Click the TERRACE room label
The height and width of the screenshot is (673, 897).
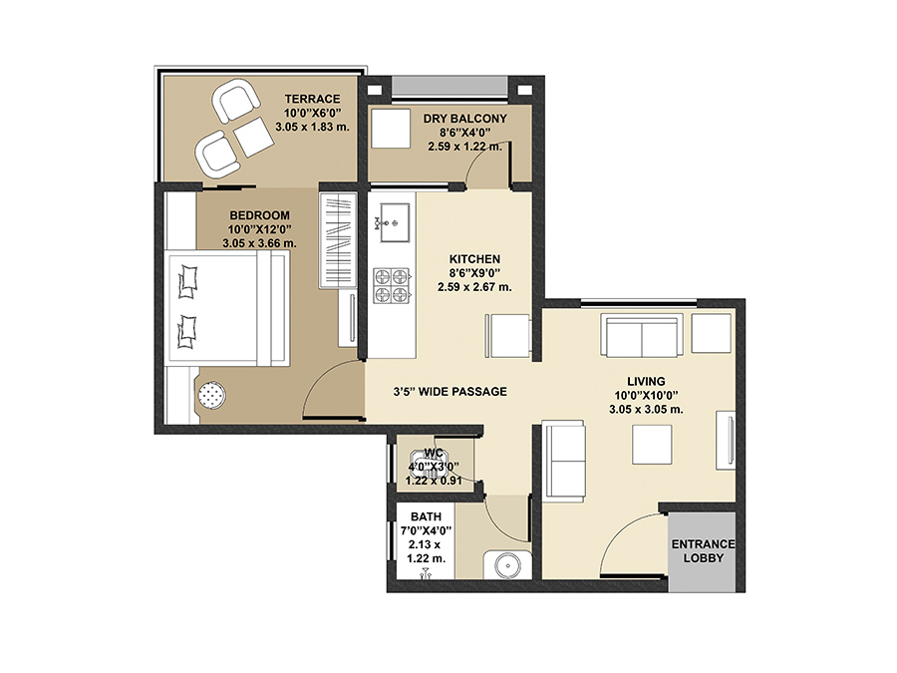pyautogui.click(x=312, y=99)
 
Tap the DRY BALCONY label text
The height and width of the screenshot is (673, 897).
pyautogui.click(x=464, y=119)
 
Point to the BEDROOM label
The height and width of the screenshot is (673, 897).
pyautogui.click(x=259, y=215)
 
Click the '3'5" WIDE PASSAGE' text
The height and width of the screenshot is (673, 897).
pyautogui.click(x=450, y=392)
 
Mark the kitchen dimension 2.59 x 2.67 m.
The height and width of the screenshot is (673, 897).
pyautogui.click(x=474, y=287)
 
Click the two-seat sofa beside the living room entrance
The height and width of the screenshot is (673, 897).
pyautogui.click(x=565, y=460)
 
